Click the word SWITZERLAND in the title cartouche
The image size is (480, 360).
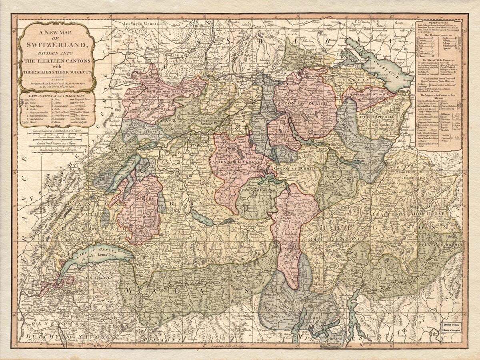(56, 44)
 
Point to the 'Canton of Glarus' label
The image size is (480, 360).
(337, 176)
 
